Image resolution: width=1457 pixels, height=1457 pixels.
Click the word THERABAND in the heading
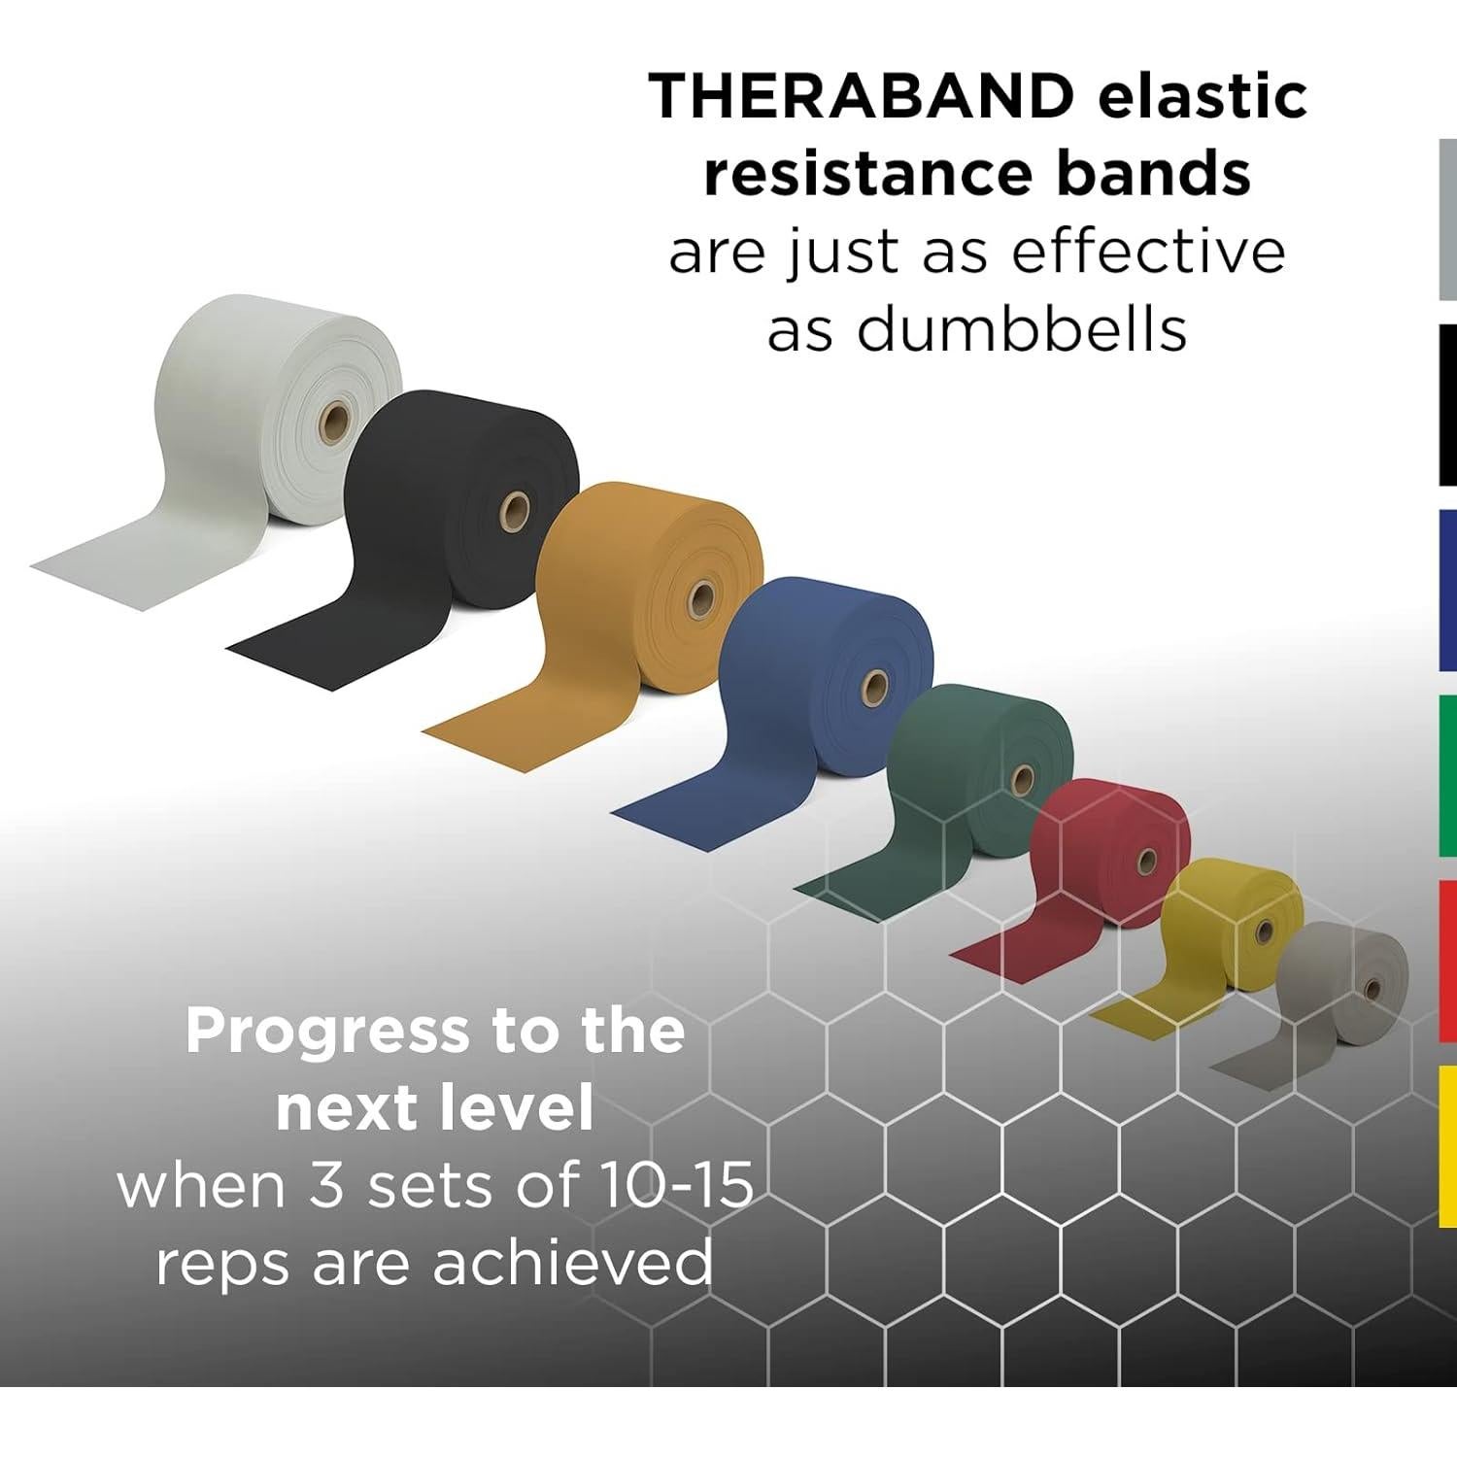862,96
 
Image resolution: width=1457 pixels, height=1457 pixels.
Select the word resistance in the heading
866,174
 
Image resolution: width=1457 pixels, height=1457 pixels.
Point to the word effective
1148,252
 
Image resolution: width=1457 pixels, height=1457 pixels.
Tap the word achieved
572,1264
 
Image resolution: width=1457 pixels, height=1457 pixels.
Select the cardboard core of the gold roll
701,598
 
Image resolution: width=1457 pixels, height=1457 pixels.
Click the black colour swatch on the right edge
1446,405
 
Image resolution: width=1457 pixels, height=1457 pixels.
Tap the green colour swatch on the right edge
1446,775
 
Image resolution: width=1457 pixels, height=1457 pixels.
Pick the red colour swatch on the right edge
1446,960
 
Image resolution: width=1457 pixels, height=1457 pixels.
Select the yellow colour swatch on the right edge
1446,1146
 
